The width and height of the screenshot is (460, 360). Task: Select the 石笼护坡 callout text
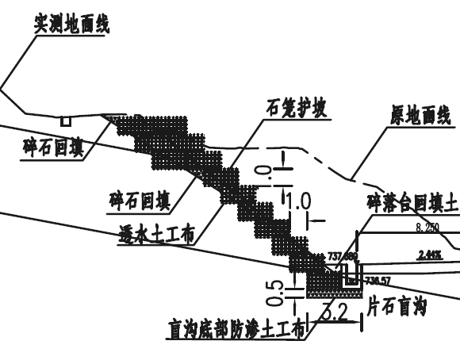click(x=298, y=106)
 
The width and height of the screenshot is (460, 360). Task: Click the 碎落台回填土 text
click(x=412, y=203)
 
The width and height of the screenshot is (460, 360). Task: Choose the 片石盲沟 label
click(x=397, y=307)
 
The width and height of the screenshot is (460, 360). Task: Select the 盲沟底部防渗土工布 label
click(x=236, y=329)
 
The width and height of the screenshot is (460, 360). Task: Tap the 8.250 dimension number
click(x=427, y=228)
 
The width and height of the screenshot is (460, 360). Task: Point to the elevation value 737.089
click(x=343, y=256)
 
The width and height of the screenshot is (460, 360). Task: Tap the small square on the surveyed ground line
click(x=65, y=121)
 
